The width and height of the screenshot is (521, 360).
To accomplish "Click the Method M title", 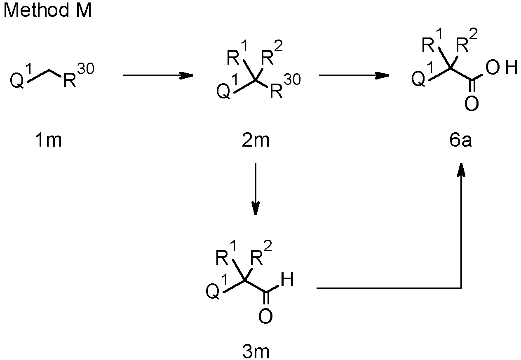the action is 48,10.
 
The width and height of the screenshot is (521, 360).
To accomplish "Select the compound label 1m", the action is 48,140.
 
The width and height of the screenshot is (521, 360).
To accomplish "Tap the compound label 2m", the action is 256,140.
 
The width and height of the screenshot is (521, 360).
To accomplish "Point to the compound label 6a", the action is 460,140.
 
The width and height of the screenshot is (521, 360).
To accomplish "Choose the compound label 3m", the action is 256,352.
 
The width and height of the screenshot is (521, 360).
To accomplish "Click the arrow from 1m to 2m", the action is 158,75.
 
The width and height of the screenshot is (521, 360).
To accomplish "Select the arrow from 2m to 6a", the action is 354,75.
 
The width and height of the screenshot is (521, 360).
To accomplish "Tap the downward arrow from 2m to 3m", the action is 256,189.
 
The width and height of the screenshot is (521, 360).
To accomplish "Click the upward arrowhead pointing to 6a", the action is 461,170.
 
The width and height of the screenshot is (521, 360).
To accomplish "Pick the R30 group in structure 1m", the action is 78,75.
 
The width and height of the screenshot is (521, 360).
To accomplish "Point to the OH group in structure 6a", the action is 502,68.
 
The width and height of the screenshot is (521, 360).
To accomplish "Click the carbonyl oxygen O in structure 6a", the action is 472,104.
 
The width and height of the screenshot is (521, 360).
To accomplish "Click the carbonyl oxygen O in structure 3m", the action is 265,316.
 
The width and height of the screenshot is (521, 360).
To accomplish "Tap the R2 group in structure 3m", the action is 261,253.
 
